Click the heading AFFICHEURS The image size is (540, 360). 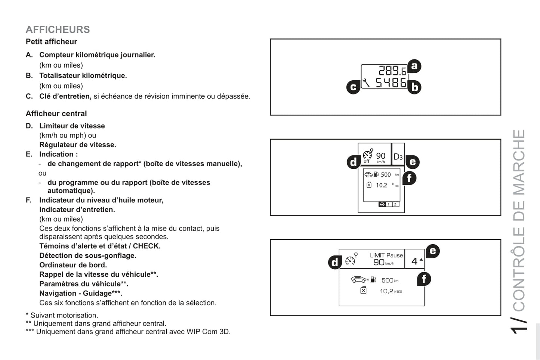click(x=58, y=30)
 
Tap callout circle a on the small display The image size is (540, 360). click(x=414, y=66)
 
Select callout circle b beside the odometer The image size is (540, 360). click(x=414, y=87)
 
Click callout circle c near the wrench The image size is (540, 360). click(x=354, y=87)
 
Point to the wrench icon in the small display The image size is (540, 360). click(x=366, y=83)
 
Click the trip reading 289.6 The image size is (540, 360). click(x=392, y=70)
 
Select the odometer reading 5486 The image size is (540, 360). click(x=391, y=83)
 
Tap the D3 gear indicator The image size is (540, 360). click(x=398, y=157)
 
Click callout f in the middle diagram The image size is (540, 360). click(x=409, y=178)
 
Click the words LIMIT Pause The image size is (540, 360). click(x=386, y=255)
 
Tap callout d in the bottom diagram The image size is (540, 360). click(x=335, y=262)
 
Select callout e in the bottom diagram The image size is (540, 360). click(x=433, y=251)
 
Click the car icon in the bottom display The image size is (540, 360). click(x=359, y=279)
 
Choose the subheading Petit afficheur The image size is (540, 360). click(x=51, y=42)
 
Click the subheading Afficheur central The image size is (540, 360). click(x=56, y=114)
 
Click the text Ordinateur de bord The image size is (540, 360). click(x=73, y=265)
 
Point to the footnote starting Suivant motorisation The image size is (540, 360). click(x=62, y=315)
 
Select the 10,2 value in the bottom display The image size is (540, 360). click(x=386, y=291)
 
